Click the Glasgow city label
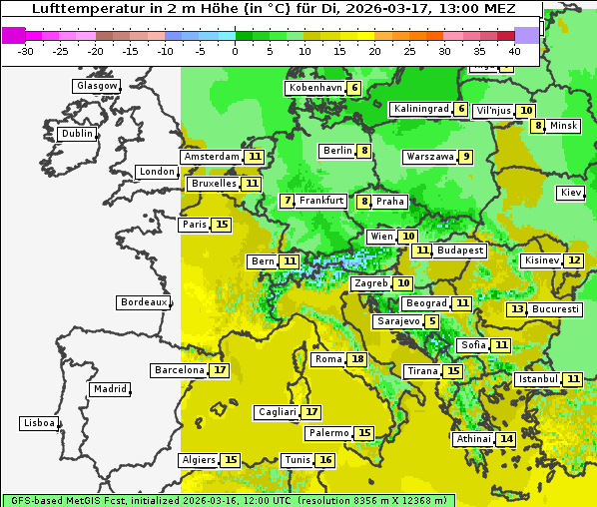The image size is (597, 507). [97, 86]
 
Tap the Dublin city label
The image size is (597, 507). [76, 134]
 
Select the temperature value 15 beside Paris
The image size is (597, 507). [221, 225]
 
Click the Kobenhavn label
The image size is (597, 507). [314, 88]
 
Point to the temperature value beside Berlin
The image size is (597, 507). [365, 151]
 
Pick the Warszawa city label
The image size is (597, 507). [429, 157]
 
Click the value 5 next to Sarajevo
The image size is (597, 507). [431, 321]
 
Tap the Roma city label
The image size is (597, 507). [328, 359]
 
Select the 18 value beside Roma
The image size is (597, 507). [357, 359]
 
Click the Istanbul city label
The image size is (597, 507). [538, 379]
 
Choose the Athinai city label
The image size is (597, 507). [474, 439]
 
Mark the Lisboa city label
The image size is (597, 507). [39, 423]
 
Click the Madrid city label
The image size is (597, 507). [109, 389]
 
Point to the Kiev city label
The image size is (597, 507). [570, 193]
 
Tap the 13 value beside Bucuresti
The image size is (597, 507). [516, 309]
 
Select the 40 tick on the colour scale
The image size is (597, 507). [514, 50]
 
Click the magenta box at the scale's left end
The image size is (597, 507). [13, 34]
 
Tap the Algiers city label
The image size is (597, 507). [198, 460]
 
